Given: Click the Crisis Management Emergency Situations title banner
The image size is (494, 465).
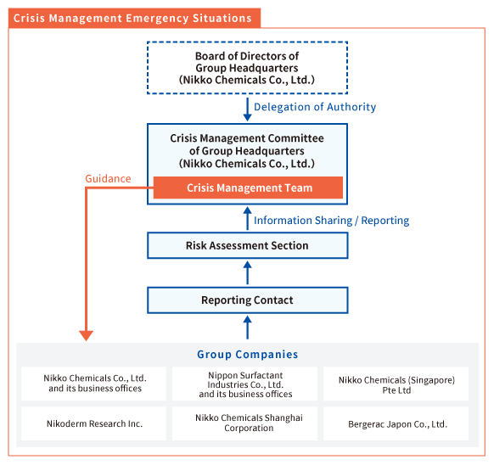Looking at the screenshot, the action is [134, 18].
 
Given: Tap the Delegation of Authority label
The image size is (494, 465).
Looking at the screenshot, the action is [315, 107].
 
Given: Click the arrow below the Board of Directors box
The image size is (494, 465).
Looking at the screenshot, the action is [247, 109].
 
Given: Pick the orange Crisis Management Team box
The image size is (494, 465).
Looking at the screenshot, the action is [248, 188].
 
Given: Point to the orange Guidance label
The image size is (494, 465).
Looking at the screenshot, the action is [108, 179].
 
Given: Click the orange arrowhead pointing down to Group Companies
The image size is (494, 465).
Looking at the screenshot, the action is [86, 336].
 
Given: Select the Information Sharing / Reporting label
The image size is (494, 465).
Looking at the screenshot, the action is [331, 221].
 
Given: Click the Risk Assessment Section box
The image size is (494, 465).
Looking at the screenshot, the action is [247, 245].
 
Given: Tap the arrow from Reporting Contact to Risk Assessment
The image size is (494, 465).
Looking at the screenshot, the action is [247, 273].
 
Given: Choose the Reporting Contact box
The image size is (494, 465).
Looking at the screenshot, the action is [247, 300].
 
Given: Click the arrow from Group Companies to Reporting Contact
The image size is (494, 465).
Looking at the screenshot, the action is [247, 328].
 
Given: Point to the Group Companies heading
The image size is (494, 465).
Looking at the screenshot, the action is [247, 355].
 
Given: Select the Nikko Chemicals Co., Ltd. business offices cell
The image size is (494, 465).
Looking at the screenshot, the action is [93, 384].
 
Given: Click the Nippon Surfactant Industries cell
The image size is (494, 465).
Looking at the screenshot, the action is [244, 384].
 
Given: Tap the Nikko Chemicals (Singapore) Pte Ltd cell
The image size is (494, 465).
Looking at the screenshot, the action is [396, 384].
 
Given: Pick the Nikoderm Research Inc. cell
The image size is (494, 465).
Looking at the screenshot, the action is [93, 423].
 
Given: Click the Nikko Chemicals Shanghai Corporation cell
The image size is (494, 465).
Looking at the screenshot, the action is [244, 423].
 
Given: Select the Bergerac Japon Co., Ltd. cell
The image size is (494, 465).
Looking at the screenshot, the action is [396, 423].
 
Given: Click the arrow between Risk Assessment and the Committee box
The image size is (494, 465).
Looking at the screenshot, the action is [247, 218].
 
